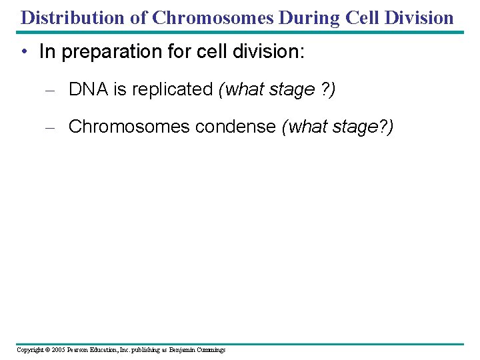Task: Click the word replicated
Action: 170,89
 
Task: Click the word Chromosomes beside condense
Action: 129,126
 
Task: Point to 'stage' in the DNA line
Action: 292,89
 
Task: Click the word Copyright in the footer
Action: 30,349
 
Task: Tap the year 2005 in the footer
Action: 58,349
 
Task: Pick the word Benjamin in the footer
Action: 183,349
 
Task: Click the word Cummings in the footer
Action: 211,349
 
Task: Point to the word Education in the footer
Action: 107,349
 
